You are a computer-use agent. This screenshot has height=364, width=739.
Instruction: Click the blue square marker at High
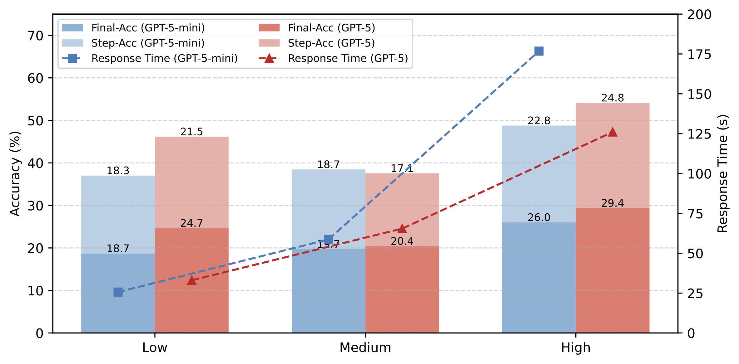[539, 51]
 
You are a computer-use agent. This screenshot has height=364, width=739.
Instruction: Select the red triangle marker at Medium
[402, 229]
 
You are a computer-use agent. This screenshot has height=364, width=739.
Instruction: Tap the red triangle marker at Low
[191, 280]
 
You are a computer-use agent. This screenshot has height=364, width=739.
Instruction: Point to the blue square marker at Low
[118, 292]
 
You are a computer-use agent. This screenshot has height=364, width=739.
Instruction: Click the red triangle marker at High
[612, 132]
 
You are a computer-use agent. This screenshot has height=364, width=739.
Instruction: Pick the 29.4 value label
[612, 203]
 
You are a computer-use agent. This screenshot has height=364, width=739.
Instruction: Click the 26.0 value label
[539, 217]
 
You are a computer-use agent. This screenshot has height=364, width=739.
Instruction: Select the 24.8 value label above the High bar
[612, 98]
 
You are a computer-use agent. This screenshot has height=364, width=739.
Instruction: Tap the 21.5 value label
[191, 132]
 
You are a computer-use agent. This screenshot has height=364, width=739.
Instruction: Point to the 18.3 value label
[118, 171]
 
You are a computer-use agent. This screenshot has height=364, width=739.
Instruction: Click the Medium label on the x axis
[365, 347]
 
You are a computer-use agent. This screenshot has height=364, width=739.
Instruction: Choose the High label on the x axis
[576, 347]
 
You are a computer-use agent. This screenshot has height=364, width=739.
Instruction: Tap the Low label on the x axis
[155, 347]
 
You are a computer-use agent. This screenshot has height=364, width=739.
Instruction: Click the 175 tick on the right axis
[699, 55]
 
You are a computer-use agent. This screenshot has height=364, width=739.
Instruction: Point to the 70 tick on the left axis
[35, 36]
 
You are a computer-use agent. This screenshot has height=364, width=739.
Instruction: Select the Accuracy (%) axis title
[15, 173]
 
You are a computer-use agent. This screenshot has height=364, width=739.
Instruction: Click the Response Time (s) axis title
[723, 173]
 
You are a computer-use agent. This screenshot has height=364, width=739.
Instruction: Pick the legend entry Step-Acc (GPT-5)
[331, 43]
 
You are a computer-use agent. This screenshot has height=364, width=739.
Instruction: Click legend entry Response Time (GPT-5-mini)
[164, 58]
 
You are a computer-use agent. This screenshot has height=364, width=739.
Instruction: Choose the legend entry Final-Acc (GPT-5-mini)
[148, 28]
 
